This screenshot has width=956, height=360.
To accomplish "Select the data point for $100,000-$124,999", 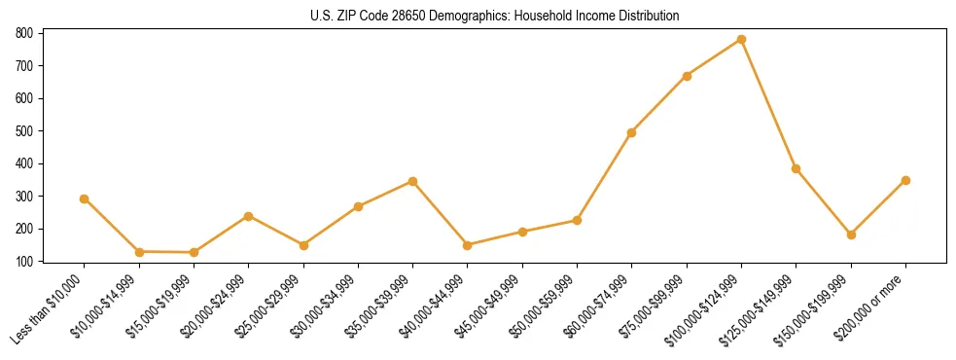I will click(742, 40).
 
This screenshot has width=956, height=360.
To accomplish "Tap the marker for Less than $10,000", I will click(85, 198).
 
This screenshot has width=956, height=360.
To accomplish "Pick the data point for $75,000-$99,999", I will click(687, 76).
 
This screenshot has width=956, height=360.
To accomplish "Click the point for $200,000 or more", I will click(906, 180).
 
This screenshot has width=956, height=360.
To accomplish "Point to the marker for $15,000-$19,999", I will click(195, 253).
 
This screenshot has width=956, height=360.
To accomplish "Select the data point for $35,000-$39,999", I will click(413, 181).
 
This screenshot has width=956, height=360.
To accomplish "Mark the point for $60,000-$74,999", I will click(632, 132).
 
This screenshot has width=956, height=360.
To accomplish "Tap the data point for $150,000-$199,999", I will click(851, 234).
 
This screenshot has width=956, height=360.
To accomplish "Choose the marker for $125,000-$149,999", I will click(797, 168).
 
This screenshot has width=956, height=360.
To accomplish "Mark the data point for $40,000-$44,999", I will click(468, 245).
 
